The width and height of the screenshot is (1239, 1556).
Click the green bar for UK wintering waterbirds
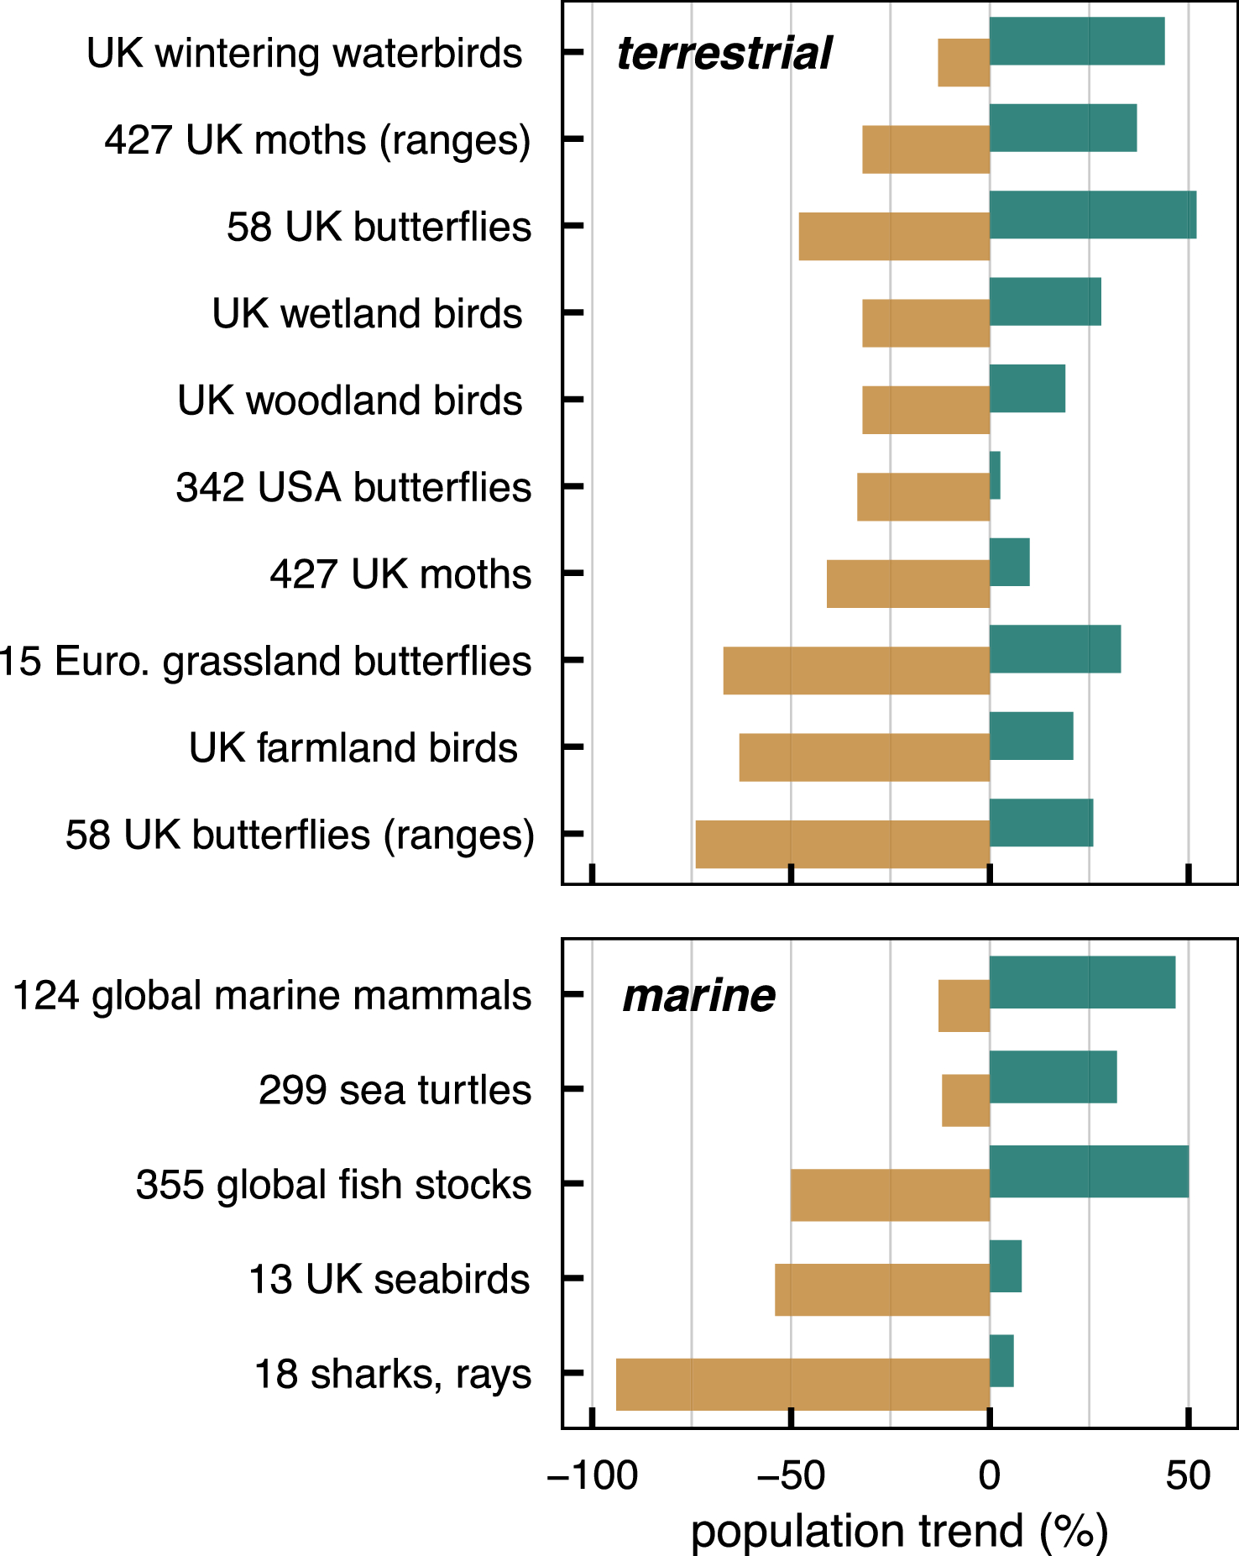(x=1077, y=41)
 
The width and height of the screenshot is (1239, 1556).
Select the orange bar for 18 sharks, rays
(x=802, y=1384)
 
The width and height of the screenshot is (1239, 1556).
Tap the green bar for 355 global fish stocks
(x=1089, y=1171)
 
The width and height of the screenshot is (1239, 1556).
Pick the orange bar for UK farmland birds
(x=864, y=757)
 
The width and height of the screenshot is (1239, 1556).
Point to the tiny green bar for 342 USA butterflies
(x=995, y=475)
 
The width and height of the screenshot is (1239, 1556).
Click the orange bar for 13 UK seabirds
(x=882, y=1290)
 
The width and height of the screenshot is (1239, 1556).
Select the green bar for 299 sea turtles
(x=1053, y=1077)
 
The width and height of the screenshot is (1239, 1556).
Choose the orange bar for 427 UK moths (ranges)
(x=926, y=149)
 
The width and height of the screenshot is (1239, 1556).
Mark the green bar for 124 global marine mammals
(x=1082, y=982)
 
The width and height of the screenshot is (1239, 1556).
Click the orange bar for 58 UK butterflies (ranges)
(x=842, y=844)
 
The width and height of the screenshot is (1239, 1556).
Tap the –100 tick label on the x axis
(x=593, y=1475)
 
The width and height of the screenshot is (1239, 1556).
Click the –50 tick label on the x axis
(x=791, y=1475)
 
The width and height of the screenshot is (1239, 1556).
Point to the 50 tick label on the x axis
(x=1188, y=1475)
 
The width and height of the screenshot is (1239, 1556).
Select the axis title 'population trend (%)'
(x=899, y=1530)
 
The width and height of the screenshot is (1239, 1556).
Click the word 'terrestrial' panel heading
(x=724, y=54)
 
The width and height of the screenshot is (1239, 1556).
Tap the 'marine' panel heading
(x=698, y=996)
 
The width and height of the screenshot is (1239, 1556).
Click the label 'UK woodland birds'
(x=349, y=401)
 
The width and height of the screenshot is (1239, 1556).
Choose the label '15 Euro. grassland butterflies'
(x=264, y=662)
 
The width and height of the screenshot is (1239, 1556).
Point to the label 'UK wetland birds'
(x=367, y=314)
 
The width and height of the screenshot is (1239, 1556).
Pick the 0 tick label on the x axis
(x=990, y=1475)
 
